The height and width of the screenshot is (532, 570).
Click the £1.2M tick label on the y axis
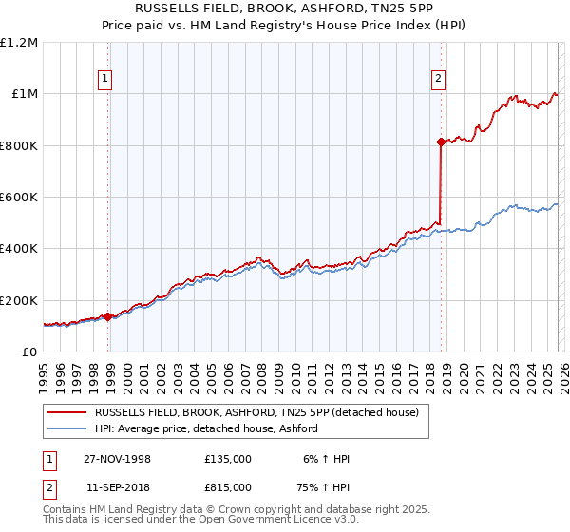19,42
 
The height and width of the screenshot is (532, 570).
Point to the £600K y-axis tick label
19,198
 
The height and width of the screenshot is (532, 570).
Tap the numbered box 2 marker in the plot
438,80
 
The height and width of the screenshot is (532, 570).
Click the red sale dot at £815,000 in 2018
441,142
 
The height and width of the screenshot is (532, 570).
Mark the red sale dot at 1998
108,317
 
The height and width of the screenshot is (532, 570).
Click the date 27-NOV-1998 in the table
117,459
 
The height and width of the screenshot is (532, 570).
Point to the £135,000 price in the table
228,459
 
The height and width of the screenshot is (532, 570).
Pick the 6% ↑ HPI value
327,459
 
